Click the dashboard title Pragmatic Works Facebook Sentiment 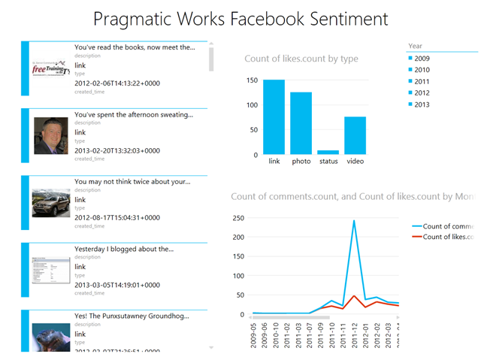pyautogui.click(x=240, y=19)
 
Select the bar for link pyautogui.click(x=274, y=117)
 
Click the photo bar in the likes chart pyautogui.click(x=301, y=124)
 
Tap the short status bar pyautogui.click(x=328, y=153)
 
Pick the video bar pyautogui.click(x=355, y=136)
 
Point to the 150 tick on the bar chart pyautogui.click(x=253, y=80)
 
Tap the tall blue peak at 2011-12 pyautogui.click(x=354, y=221)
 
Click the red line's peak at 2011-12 pyautogui.click(x=354, y=296)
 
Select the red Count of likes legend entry pyautogui.click(x=447, y=237)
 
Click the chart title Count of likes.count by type pyautogui.click(x=301, y=59)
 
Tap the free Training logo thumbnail pyautogui.click(x=51, y=70)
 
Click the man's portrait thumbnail pyautogui.click(x=51, y=136)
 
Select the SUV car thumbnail pyautogui.click(x=51, y=203)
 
